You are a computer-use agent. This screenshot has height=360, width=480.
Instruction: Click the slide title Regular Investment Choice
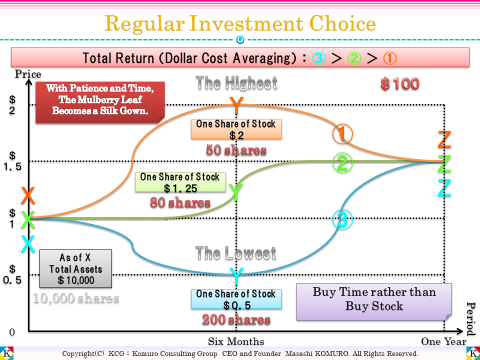[x=240, y=24]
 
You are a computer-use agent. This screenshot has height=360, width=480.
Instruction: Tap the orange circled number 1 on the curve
[x=343, y=134]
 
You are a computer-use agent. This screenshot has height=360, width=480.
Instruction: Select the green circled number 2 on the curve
[x=343, y=163]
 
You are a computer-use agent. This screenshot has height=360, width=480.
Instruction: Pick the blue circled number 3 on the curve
[x=343, y=219]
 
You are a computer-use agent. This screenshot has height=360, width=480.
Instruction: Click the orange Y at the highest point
[x=237, y=105]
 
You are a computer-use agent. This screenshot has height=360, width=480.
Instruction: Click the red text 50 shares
[x=236, y=150]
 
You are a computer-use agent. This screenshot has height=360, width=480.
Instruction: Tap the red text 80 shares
[x=180, y=202]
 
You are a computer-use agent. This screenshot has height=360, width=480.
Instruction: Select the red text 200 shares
[x=236, y=319]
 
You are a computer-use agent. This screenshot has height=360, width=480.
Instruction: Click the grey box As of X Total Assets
[x=75, y=269]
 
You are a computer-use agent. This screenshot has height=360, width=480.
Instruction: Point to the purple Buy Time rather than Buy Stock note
[x=374, y=299]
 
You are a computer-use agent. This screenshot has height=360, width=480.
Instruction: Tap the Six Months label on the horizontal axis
[x=236, y=342]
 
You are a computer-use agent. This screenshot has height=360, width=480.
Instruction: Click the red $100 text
[x=399, y=84]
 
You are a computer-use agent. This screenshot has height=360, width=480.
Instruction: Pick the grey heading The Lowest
[x=236, y=253]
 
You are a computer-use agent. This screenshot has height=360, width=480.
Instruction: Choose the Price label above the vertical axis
[x=28, y=74]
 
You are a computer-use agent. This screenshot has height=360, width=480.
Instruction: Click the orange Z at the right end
[x=444, y=140]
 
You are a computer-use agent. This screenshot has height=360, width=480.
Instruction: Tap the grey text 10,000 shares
[x=76, y=298]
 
